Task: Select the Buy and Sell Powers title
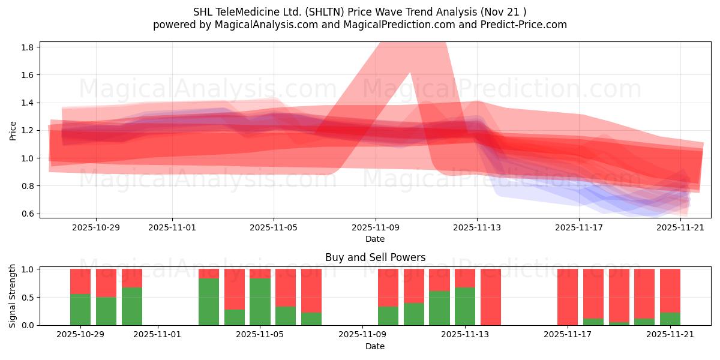(375, 257)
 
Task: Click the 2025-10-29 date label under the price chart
(96, 227)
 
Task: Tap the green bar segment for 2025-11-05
(260, 302)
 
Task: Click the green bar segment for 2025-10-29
(80, 310)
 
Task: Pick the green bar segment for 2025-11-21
(670, 319)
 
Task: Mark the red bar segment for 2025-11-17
(567, 297)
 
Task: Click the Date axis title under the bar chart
(375, 346)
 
